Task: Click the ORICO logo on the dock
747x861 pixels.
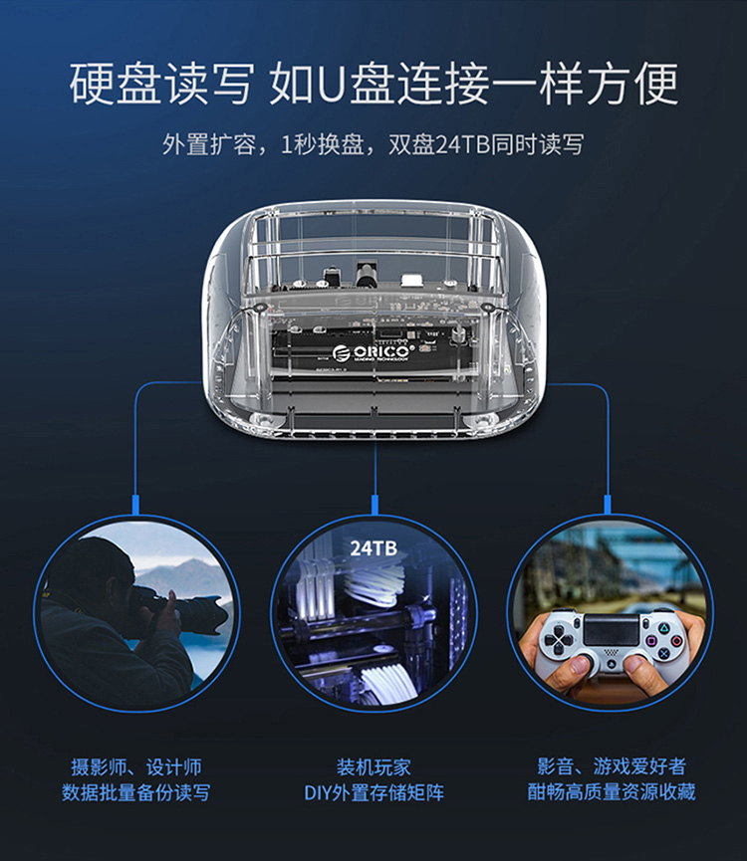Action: tap(373, 352)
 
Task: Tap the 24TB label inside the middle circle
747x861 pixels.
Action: tap(373, 548)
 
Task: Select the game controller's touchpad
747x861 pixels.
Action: tap(611, 630)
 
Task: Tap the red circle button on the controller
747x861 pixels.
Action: tap(676, 640)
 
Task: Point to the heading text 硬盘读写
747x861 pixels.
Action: tap(161, 84)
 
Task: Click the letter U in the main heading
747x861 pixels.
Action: tap(330, 84)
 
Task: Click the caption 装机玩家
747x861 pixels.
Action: tap(373, 767)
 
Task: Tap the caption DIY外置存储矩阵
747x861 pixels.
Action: tap(373, 792)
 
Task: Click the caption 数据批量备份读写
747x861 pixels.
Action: tap(135, 792)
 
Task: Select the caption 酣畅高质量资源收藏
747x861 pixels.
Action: tap(612, 791)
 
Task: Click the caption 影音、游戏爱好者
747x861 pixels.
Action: tap(612, 766)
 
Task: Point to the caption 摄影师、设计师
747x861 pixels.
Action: tap(135, 767)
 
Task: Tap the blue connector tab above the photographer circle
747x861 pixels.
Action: tap(135, 505)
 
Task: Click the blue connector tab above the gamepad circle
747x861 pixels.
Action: tap(608, 505)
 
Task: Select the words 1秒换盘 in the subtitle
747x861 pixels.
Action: tap(323, 144)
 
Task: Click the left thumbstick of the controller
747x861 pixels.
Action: tap(588, 658)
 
